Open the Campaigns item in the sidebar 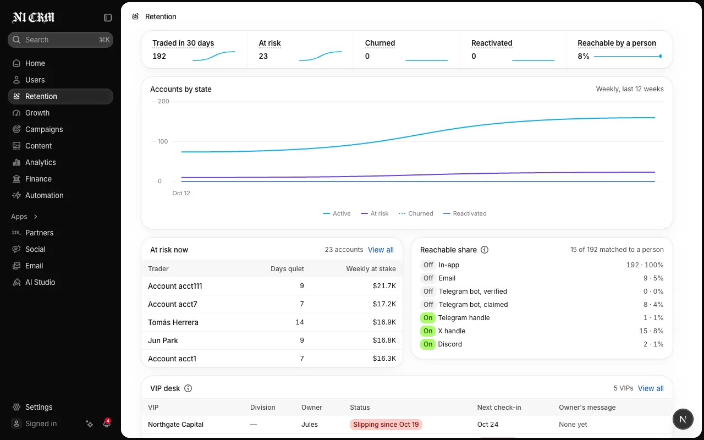[x=43, y=129]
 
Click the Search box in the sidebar [x=61, y=40]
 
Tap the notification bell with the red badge [x=107, y=423]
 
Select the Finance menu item [x=38, y=179]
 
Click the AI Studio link [x=40, y=282]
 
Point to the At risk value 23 [x=263, y=56]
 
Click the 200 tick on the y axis [x=163, y=101]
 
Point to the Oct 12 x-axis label [x=181, y=193]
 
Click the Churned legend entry [x=415, y=213]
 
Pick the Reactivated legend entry [x=465, y=213]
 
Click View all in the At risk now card [x=381, y=250]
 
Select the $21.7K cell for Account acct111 [x=384, y=286]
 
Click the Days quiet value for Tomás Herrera [x=300, y=322]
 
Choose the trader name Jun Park [x=163, y=340]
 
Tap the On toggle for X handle [x=428, y=331]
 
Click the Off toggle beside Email [x=428, y=278]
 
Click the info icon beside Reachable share [x=485, y=250]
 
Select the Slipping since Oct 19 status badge [x=386, y=425]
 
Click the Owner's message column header [x=587, y=408]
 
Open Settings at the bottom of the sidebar [x=38, y=407]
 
